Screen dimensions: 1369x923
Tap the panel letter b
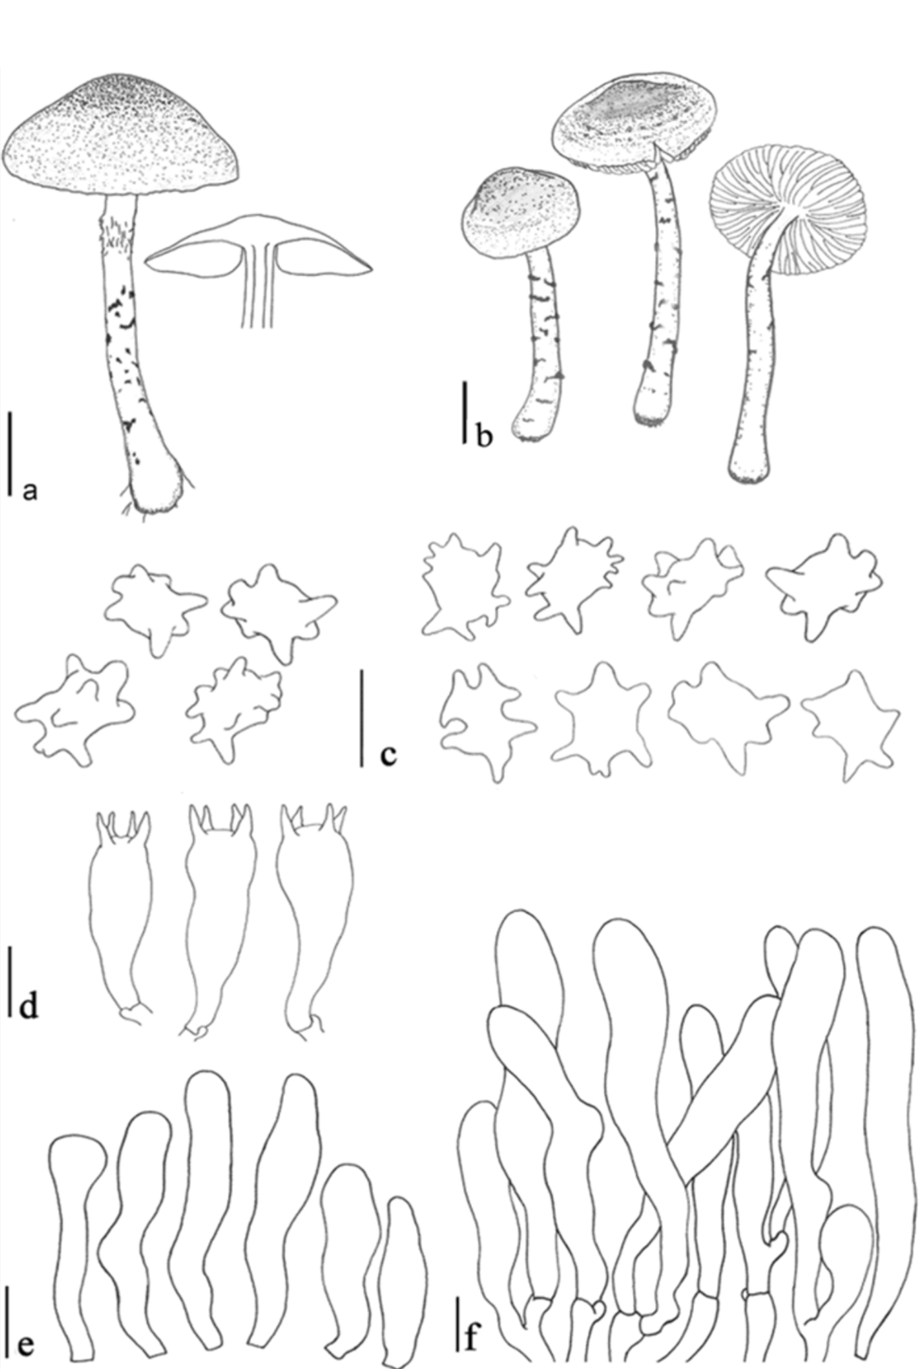coord(485,436)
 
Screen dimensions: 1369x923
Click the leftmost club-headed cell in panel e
coord(76,1228)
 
